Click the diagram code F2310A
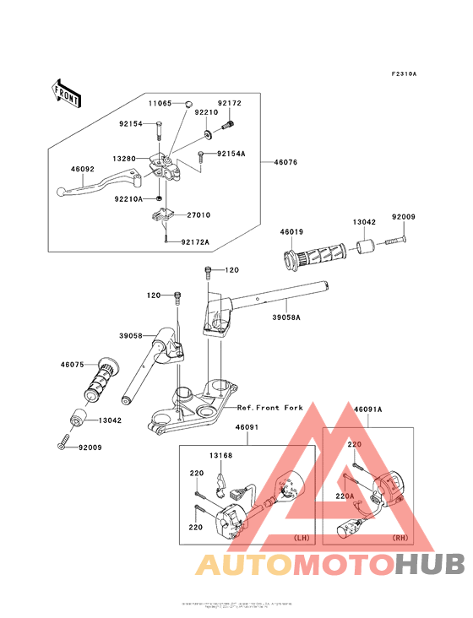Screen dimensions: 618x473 [x=404, y=74]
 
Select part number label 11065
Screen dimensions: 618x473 [x=160, y=103]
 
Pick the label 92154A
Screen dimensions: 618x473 [x=231, y=154]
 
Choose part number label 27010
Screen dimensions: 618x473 [x=198, y=215]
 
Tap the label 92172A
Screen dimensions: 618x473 [x=194, y=242]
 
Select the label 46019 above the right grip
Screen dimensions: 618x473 [x=292, y=230]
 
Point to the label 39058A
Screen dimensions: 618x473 [x=286, y=318]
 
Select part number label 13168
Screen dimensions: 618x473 [x=221, y=456]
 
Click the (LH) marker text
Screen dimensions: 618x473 [x=301, y=537]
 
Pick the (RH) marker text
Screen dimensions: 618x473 [x=400, y=537]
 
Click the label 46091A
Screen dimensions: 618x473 [x=368, y=409]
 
